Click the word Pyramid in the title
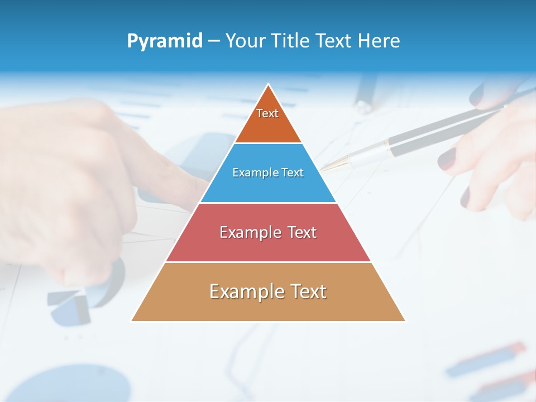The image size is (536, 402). (x=164, y=41)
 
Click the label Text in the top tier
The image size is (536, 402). (x=267, y=113)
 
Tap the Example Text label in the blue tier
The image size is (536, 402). (x=268, y=173)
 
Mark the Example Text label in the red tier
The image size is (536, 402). (x=268, y=232)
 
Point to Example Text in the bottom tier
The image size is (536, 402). (x=268, y=291)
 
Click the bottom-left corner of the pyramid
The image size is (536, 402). (x=132, y=320)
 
